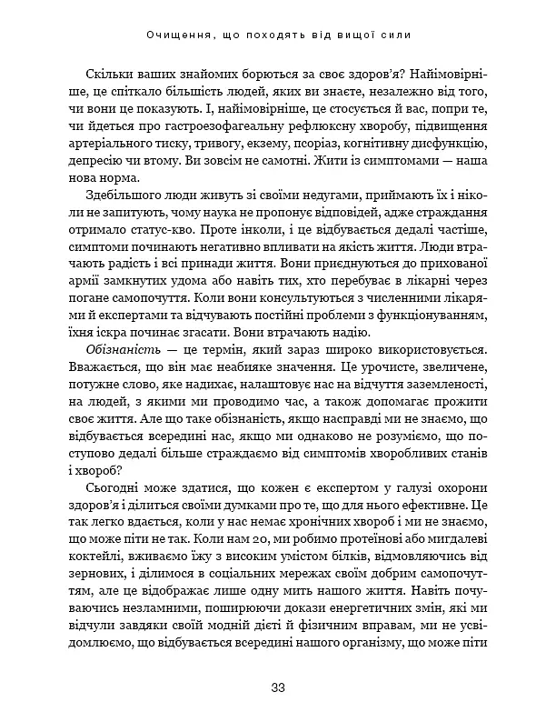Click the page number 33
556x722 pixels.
278,687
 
